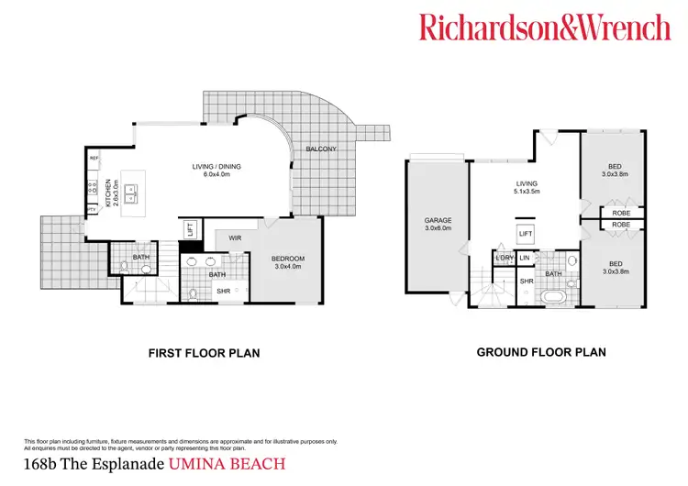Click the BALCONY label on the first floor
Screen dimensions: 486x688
tap(320, 149)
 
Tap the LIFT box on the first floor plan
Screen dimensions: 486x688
tap(191, 229)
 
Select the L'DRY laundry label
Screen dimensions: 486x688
tap(504, 258)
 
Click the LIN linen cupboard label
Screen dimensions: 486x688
tap(525, 258)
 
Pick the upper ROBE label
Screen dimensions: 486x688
tap(621, 213)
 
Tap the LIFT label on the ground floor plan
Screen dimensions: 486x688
tap(525, 235)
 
